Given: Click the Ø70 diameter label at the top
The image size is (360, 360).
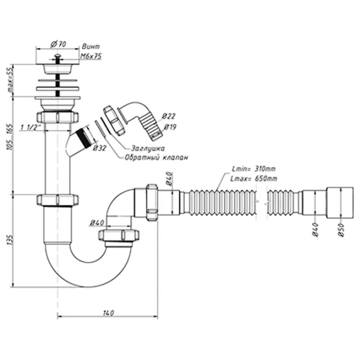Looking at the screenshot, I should [59, 43].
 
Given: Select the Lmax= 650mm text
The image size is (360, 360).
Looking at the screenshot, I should [254, 178].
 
